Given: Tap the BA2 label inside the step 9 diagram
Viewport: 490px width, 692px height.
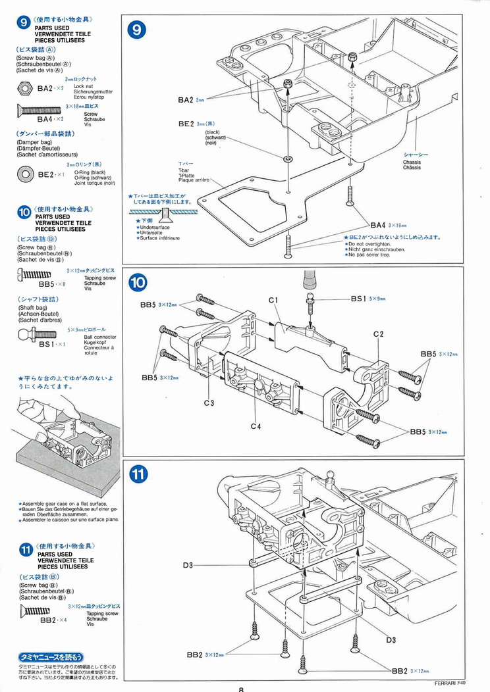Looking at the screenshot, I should (x=185, y=100).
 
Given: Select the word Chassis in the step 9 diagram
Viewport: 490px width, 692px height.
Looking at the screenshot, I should (x=412, y=162).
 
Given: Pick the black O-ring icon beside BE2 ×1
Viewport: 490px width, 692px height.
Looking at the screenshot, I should (x=26, y=173).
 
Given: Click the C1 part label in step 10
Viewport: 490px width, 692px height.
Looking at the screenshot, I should (x=274, y=301).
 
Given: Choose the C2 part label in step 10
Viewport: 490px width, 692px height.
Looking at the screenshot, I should (x=378, y=334).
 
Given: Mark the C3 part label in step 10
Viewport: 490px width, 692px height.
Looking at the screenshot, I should (x=209, y=403).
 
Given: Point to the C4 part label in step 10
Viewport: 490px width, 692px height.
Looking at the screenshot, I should (x=256, y=426).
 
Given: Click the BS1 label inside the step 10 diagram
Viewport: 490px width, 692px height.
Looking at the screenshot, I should (x=358, y=298).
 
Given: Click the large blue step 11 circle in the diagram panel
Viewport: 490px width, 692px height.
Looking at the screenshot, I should (x=138, y=473).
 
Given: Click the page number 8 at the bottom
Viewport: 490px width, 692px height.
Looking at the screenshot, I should (x=242, y=688).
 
